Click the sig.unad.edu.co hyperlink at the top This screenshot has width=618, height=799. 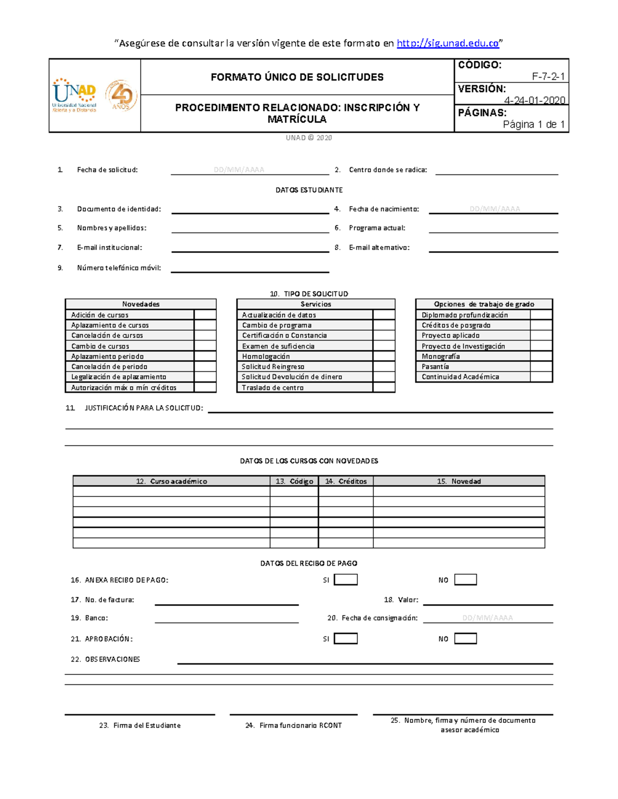point(448,43)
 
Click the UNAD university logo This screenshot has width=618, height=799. point(74,95)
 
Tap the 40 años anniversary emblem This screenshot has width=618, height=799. point(122,96)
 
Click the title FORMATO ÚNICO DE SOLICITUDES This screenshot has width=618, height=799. point(297,77)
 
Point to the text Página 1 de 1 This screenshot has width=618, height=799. point(534,125)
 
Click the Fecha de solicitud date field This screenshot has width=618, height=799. point(239,170)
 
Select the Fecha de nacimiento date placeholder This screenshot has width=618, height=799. point(494,209)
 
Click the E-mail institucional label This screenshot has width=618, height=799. point(109,247)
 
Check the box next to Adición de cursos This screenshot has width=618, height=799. point(205,315)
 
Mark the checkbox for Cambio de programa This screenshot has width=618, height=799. point(384,325)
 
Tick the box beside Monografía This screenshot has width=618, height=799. point(541,356)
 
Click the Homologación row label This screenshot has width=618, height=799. point(266,356)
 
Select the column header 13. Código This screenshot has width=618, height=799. point(294,481)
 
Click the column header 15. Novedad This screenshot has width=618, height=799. point(458,481)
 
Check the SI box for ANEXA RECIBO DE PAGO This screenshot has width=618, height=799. point(346,580)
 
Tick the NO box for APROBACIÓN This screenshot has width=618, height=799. point(466,638)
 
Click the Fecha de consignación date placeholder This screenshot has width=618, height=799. point(487,618)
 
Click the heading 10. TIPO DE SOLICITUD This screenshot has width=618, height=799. point(309,294)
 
